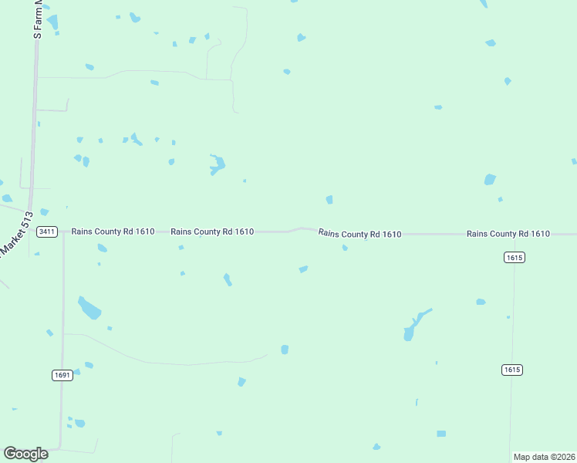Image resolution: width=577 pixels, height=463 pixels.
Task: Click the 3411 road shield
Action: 47,231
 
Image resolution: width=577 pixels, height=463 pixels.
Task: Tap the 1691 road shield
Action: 62,375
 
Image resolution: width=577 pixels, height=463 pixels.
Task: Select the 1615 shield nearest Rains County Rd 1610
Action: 515,257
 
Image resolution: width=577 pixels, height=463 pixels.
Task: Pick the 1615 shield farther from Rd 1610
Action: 512,370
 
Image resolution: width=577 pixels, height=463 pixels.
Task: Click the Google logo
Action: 25,454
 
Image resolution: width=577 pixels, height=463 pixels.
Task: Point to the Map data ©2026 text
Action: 543,457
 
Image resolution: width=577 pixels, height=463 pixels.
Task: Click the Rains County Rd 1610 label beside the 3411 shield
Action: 113,231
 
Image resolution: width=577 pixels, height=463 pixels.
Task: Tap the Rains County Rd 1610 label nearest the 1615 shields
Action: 508,234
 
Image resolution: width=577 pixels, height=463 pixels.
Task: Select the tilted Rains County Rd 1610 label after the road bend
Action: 359,233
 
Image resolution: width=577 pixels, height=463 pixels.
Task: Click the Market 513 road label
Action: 15,235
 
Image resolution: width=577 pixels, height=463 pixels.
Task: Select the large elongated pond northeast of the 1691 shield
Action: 89,307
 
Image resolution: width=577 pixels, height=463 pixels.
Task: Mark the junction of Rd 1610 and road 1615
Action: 515,234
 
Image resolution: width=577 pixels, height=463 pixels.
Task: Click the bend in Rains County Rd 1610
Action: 301,228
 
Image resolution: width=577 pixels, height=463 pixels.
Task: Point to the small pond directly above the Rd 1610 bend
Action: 329,200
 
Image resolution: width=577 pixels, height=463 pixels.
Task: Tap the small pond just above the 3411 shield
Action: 44,212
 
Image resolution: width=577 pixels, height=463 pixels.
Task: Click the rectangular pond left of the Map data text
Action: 441,434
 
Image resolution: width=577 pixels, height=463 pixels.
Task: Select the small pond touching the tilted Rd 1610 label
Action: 345,248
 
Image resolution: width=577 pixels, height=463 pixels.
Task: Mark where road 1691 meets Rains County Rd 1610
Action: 63,231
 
